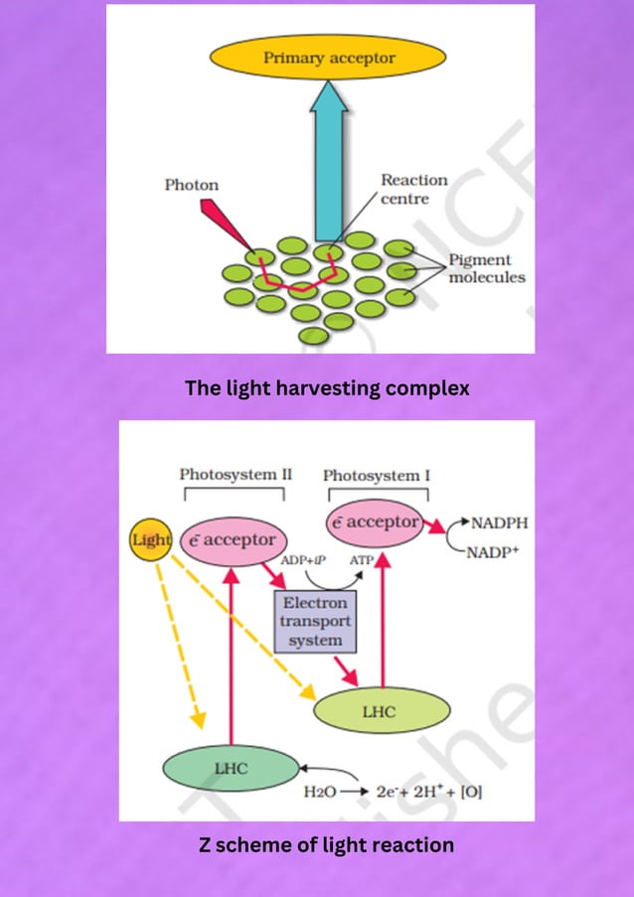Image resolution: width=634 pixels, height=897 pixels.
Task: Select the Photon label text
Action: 191,185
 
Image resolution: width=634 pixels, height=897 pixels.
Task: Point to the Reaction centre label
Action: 413,189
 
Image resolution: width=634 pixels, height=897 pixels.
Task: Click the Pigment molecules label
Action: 486,268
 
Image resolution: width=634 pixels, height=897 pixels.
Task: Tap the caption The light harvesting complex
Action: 327,388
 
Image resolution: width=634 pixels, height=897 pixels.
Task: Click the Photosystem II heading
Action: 236,474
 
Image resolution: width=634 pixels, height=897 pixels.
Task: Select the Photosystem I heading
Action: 377,476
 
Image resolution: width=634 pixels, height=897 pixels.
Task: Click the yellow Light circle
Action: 152,539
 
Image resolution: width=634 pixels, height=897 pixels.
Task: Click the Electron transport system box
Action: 315,622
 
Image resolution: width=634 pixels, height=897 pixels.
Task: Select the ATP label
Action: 362,561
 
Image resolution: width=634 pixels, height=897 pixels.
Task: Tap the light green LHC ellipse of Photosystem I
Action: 379,712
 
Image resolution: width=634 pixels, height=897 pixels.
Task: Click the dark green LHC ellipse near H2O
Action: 232,768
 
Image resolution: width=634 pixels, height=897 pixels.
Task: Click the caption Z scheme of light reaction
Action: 327,845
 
